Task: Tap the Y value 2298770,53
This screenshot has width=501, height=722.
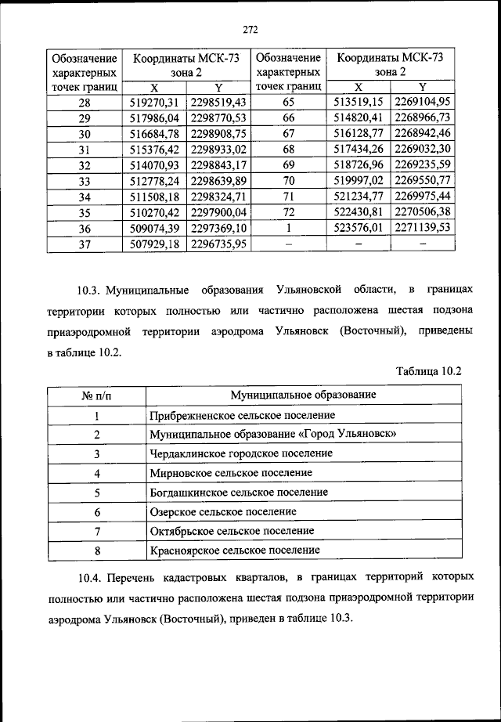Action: (218, 118)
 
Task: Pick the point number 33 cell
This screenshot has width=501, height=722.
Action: (85, 181)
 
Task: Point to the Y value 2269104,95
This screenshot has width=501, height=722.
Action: (424, 103)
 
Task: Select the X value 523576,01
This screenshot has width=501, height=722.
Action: (358, 228)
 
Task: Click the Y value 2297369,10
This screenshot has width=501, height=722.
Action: (218, 228)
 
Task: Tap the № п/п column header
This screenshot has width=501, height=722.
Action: (96, 395)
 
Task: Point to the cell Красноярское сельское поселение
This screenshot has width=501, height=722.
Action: (234, 551)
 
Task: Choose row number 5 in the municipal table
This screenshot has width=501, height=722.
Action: (97, 493)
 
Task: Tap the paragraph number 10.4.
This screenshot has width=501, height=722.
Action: (91, 577)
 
